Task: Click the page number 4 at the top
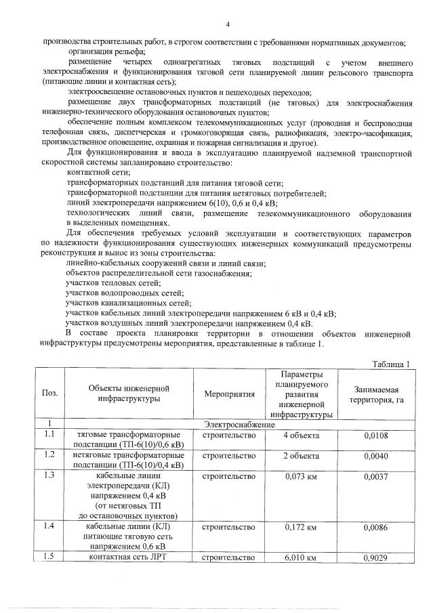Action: pos(228,25)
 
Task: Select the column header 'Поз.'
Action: pos(49,393)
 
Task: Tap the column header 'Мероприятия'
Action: pos(229,393)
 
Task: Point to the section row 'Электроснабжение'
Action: pos(239,424)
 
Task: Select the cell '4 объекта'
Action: pos(301,435)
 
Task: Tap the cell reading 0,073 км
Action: pos(301,476)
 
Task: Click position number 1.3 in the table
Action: pos(49,475)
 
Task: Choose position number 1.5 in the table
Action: pos(49,557)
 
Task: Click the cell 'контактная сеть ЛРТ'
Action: pos(129,557)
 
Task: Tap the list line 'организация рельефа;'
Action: pos(106,51)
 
